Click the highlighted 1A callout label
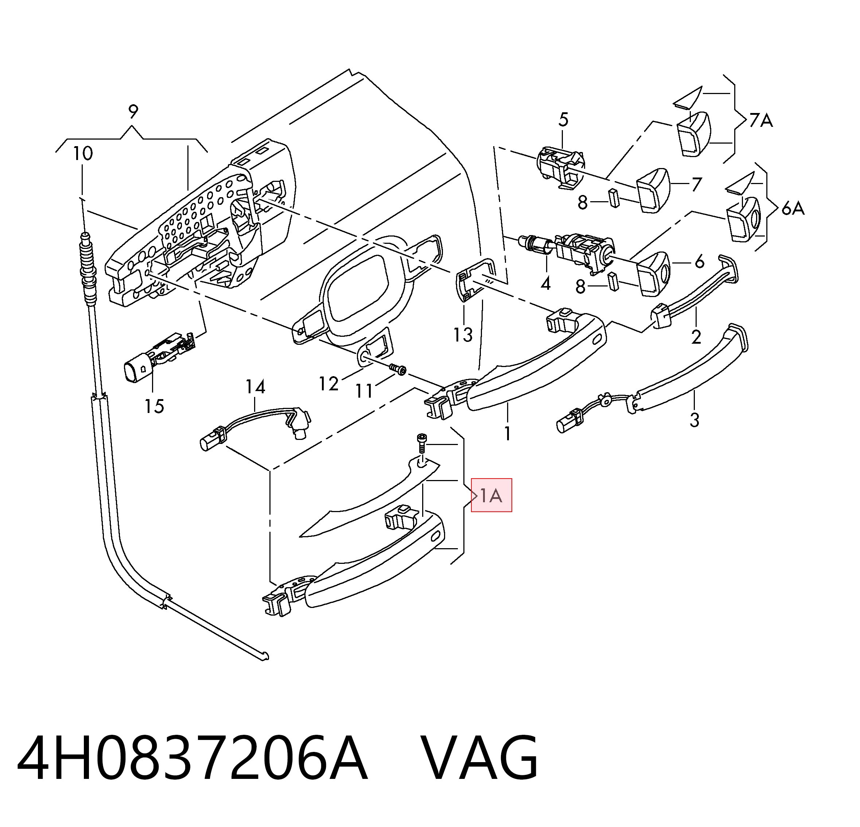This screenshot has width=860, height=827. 491,495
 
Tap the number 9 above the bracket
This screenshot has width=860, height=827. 133,112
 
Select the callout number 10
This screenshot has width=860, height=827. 82,153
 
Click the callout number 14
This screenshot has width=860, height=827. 255,387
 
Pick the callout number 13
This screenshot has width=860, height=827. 463,335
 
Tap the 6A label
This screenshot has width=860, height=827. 793,208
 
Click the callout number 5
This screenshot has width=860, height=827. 563,119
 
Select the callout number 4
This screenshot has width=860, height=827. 545,284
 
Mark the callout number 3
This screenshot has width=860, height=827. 694,420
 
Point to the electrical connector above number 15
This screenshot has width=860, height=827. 160,356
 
